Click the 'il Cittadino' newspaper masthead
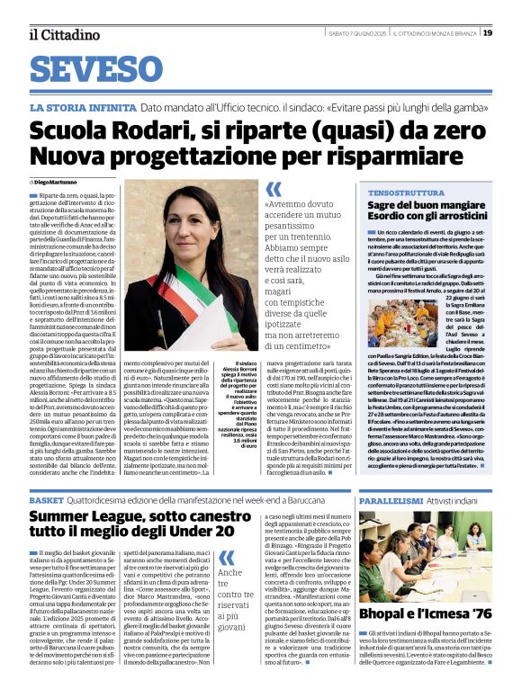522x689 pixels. [x=64, y=34]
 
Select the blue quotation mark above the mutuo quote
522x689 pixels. [x=274, y=190]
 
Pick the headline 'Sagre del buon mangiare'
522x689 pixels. [x=426, y=206]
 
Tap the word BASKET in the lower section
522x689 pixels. [x=47, y=499]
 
